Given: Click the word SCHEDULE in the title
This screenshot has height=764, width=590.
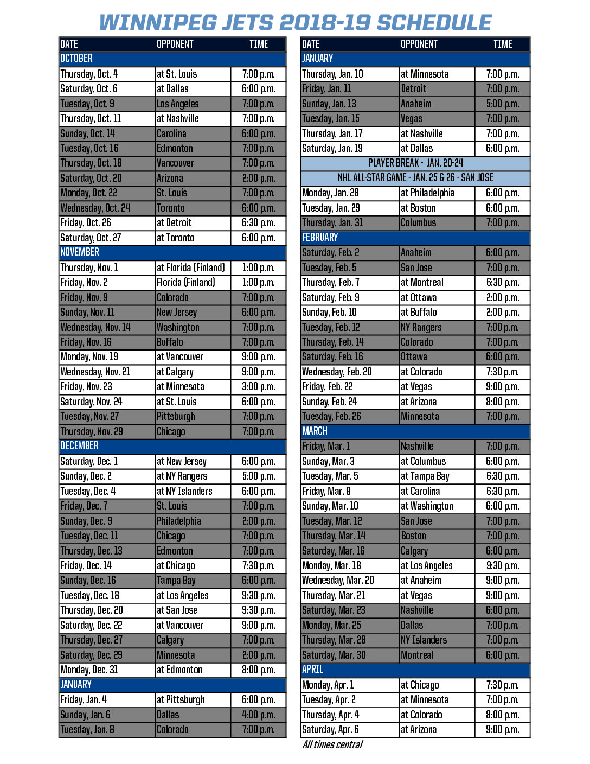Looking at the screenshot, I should [434, 23].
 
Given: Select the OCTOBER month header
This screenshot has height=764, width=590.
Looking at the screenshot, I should [76, 59].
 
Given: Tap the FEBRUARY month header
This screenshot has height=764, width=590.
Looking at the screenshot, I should [320, 238].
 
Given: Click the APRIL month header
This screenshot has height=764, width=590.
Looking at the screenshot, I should [312, 670].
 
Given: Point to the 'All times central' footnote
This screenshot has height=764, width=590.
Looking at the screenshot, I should [332, 744].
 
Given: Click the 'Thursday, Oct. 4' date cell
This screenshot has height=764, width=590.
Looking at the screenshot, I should [89, 74].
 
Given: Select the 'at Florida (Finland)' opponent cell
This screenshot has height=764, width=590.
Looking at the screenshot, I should [191, 268].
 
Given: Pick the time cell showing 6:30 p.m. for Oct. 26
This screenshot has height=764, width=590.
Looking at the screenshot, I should [259, 223].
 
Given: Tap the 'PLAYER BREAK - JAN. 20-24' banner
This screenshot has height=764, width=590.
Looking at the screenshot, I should [415, 163].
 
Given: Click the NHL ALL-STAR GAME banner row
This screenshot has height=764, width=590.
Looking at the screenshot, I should [415, 178].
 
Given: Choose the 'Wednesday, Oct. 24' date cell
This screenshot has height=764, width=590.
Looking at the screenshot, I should [95, 208].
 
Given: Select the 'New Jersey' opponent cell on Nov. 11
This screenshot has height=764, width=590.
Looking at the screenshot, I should [177, 313].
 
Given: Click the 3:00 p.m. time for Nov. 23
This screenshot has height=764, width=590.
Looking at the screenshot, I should [259, 387].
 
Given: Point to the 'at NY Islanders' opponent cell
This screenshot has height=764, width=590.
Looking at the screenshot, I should [184, 492].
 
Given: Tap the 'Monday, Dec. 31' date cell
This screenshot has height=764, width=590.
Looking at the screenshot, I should [89, 670].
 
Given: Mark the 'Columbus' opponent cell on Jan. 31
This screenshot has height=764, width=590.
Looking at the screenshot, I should [418, 223].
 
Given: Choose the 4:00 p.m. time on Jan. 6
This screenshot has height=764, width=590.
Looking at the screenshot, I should [259, 715].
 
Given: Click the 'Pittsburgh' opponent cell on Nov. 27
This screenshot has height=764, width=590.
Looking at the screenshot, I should [176, 417].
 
